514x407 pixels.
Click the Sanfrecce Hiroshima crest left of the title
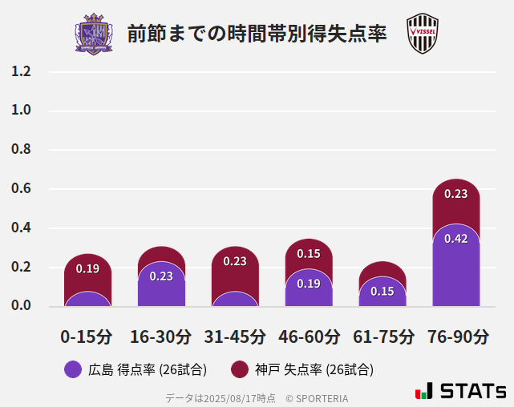94,34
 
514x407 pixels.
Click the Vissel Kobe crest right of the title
422,34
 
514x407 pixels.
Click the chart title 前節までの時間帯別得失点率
257,34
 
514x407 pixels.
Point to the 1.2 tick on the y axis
21,71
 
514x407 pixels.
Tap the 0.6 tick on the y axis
21,189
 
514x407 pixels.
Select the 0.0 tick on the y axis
21,305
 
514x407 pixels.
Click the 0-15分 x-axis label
87,336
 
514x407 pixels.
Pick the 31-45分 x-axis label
234,336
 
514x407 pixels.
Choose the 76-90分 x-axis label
456,336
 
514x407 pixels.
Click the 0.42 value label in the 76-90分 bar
456,239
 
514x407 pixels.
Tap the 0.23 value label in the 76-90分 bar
456,194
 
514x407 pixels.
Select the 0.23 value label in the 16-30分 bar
161,276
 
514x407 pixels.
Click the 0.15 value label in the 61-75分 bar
382,292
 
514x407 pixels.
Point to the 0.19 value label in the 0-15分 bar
87,268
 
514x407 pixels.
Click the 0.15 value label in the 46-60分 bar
309,254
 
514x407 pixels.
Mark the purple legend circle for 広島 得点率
73,369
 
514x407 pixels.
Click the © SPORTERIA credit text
317,397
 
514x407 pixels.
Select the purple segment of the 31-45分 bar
235,300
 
